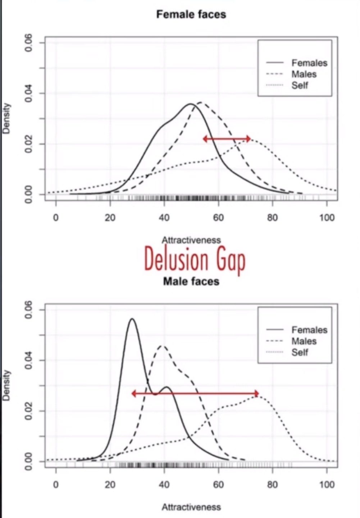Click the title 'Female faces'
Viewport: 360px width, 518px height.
pos(191,15)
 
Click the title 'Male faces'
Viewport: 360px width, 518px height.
pos(191,281)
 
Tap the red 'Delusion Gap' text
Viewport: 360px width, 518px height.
pos(195,259)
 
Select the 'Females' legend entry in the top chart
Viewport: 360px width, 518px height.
pos(309,63)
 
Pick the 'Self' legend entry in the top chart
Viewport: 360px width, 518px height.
pos(300,86)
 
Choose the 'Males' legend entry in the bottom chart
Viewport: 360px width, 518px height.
pos(304,341)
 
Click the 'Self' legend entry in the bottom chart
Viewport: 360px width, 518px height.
pos(300,352)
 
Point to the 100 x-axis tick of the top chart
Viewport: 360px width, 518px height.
pos(327,217)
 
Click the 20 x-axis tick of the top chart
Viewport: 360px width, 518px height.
pos(110,217)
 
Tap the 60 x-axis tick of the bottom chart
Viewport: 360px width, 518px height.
pos(218,485)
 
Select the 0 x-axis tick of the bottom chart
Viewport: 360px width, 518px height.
pos(56,485)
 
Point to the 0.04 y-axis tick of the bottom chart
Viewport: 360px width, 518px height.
pos(29,360)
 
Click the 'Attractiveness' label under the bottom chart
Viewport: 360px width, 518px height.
pos(191,507)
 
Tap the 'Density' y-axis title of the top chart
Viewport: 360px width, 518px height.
pos(6,119)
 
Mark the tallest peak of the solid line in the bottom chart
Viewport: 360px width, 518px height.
pos(132,319)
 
